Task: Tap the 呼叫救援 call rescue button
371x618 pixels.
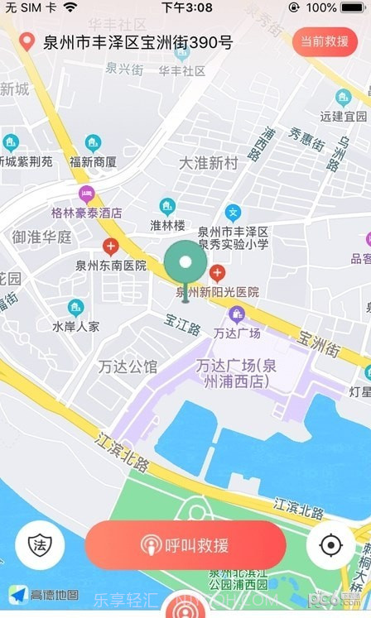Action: point(185,545)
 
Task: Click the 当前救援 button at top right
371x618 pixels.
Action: point(324,41)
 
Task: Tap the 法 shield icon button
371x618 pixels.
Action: point(39,545)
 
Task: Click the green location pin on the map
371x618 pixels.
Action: point(185,265)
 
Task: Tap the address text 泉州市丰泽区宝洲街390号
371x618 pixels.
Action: point(138,42)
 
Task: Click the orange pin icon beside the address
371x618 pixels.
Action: point(27,41)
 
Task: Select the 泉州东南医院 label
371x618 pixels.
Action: point(111,266)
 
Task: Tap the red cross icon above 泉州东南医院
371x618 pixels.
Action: point(110,246)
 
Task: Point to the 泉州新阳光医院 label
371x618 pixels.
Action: point(218,291)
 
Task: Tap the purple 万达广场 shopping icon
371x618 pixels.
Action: point(237,314)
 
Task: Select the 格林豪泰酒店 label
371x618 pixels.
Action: point(86,213)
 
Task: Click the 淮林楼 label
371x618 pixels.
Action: point(167,225)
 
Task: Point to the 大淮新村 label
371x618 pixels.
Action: point(209,163)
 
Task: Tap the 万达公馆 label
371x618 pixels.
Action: point(128,366)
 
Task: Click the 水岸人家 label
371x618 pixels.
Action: point(75,326)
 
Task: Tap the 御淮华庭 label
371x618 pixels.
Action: point(41,237)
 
